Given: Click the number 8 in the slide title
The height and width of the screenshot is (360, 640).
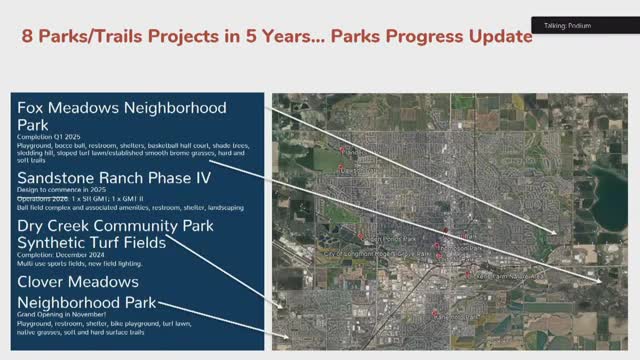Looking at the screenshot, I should [x=29, y=38].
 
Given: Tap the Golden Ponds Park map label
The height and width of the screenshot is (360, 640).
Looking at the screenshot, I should [x=385, y=240].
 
